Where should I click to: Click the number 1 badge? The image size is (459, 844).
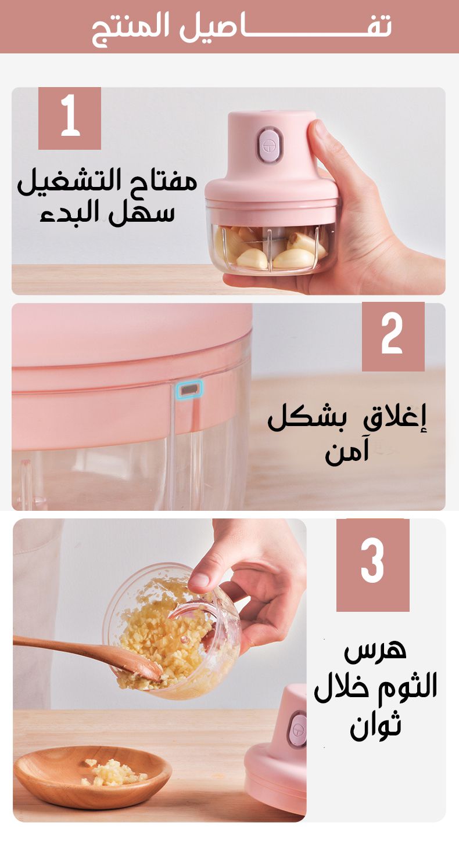tap(70, 118)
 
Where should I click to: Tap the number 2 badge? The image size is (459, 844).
tap(393, 337)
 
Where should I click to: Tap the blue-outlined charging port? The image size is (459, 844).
tap(189, 389)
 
